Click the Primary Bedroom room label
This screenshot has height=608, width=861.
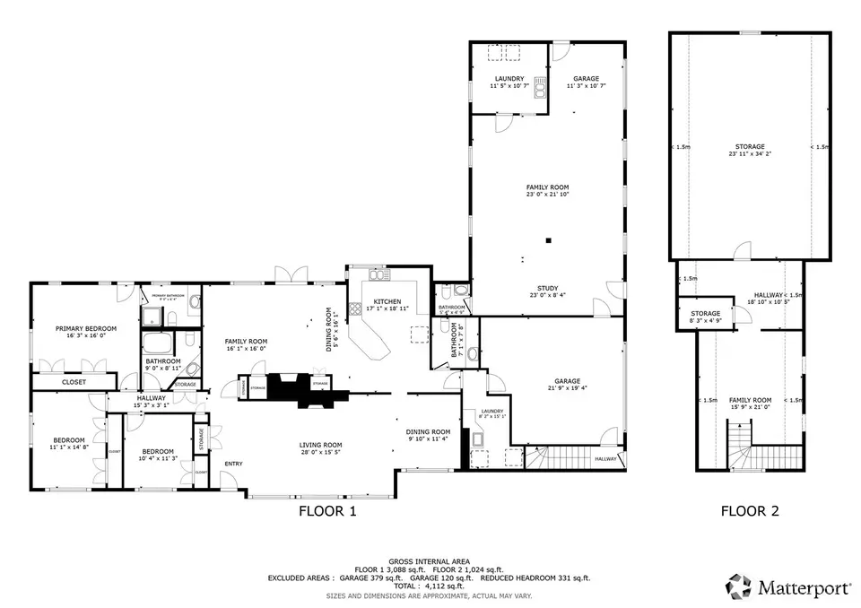[x=86, y=328]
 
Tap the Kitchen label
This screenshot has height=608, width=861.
[x=387, y=301]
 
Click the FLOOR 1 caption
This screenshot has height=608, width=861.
[x=327, y=512]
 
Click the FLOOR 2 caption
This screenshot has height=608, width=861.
[x=750, y=512]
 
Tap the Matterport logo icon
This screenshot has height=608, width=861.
[x=739, y=587]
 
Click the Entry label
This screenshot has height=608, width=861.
[x=233, y=464]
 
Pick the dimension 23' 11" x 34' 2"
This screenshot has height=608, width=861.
[x=750, y=154]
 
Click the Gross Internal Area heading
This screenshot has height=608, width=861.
[x=430, y=560]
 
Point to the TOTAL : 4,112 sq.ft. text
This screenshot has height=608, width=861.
[x=430, y=586]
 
